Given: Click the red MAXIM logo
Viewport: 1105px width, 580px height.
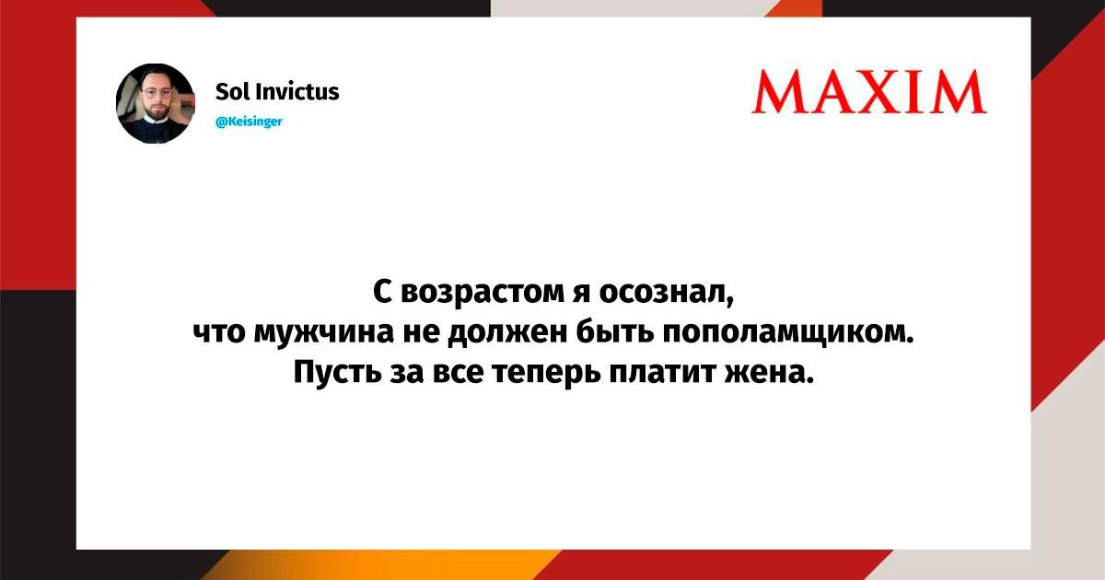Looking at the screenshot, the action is click(x=868, y=92).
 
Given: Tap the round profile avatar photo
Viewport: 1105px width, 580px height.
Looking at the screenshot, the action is click(x=156, y=103).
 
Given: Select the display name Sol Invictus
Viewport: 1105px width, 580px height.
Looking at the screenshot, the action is click(x=277, y=92).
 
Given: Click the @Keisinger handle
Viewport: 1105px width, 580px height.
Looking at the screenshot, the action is click(x=250, y=122).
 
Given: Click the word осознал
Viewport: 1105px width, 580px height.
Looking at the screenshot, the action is click(x=667, y=293).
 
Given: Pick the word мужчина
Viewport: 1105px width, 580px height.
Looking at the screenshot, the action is click(x=323, y=333).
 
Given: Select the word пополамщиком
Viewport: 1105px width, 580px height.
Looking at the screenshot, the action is click(x=787, y=333).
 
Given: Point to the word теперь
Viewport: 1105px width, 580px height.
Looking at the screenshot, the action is click(x=547, y=374).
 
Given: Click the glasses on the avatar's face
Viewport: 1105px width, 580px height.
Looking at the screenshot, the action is click(x=157, y=93).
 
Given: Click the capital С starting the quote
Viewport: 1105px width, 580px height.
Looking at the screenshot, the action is click(x=382, y=293).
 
